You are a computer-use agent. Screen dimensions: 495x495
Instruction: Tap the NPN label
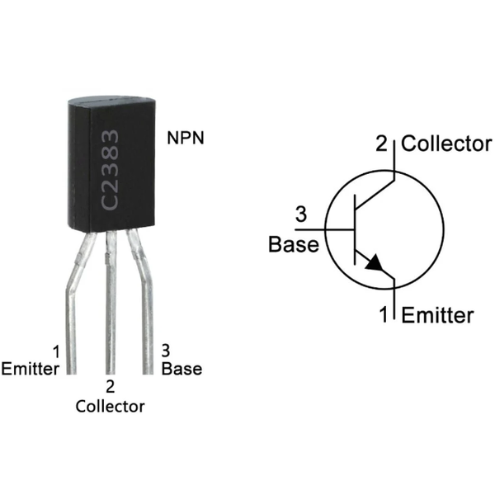point(186,137)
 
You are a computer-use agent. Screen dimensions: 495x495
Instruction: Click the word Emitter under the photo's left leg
point(31,368)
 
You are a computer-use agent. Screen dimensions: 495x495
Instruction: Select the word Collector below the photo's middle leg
point(110,406)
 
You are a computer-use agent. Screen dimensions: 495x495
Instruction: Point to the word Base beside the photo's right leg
point(181,368)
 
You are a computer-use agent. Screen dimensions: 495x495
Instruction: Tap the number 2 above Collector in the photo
point(110,386)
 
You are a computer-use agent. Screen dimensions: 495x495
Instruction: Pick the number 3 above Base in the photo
point(166,350)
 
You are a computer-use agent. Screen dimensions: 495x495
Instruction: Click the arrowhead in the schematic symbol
point(376,263)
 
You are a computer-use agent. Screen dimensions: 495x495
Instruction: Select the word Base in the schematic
point(294,245)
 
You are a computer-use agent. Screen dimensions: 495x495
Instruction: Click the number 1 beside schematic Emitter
point(384,315)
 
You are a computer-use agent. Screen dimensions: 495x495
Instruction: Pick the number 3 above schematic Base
point(301,216)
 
